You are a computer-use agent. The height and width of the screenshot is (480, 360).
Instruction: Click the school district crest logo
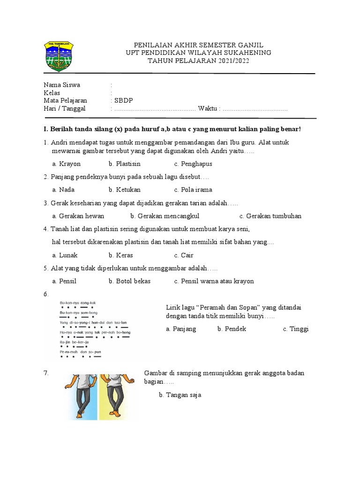(59, 56)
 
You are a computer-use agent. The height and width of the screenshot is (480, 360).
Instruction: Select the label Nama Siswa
(62, 85)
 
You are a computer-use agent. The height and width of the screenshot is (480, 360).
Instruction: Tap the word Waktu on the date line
(208, 109)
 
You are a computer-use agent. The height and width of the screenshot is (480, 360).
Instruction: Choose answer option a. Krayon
(67, 164)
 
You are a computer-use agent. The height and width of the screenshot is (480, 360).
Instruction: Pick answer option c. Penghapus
(193, 164)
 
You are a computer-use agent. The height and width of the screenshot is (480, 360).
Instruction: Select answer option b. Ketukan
(125, 190)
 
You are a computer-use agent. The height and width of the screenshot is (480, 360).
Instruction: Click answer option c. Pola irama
(193, 190)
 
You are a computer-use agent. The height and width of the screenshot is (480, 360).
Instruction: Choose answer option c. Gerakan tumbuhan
(270, 216)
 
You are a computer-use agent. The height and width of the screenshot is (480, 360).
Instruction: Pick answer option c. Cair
(184, 255)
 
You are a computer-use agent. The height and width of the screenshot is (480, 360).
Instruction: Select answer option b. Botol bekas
(130, 281)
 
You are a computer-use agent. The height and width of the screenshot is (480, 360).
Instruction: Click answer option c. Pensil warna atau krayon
(214, 281)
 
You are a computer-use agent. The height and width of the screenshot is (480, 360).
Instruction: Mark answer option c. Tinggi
(296, 329)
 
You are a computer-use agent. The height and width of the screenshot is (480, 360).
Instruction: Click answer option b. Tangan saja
(180, 395)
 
